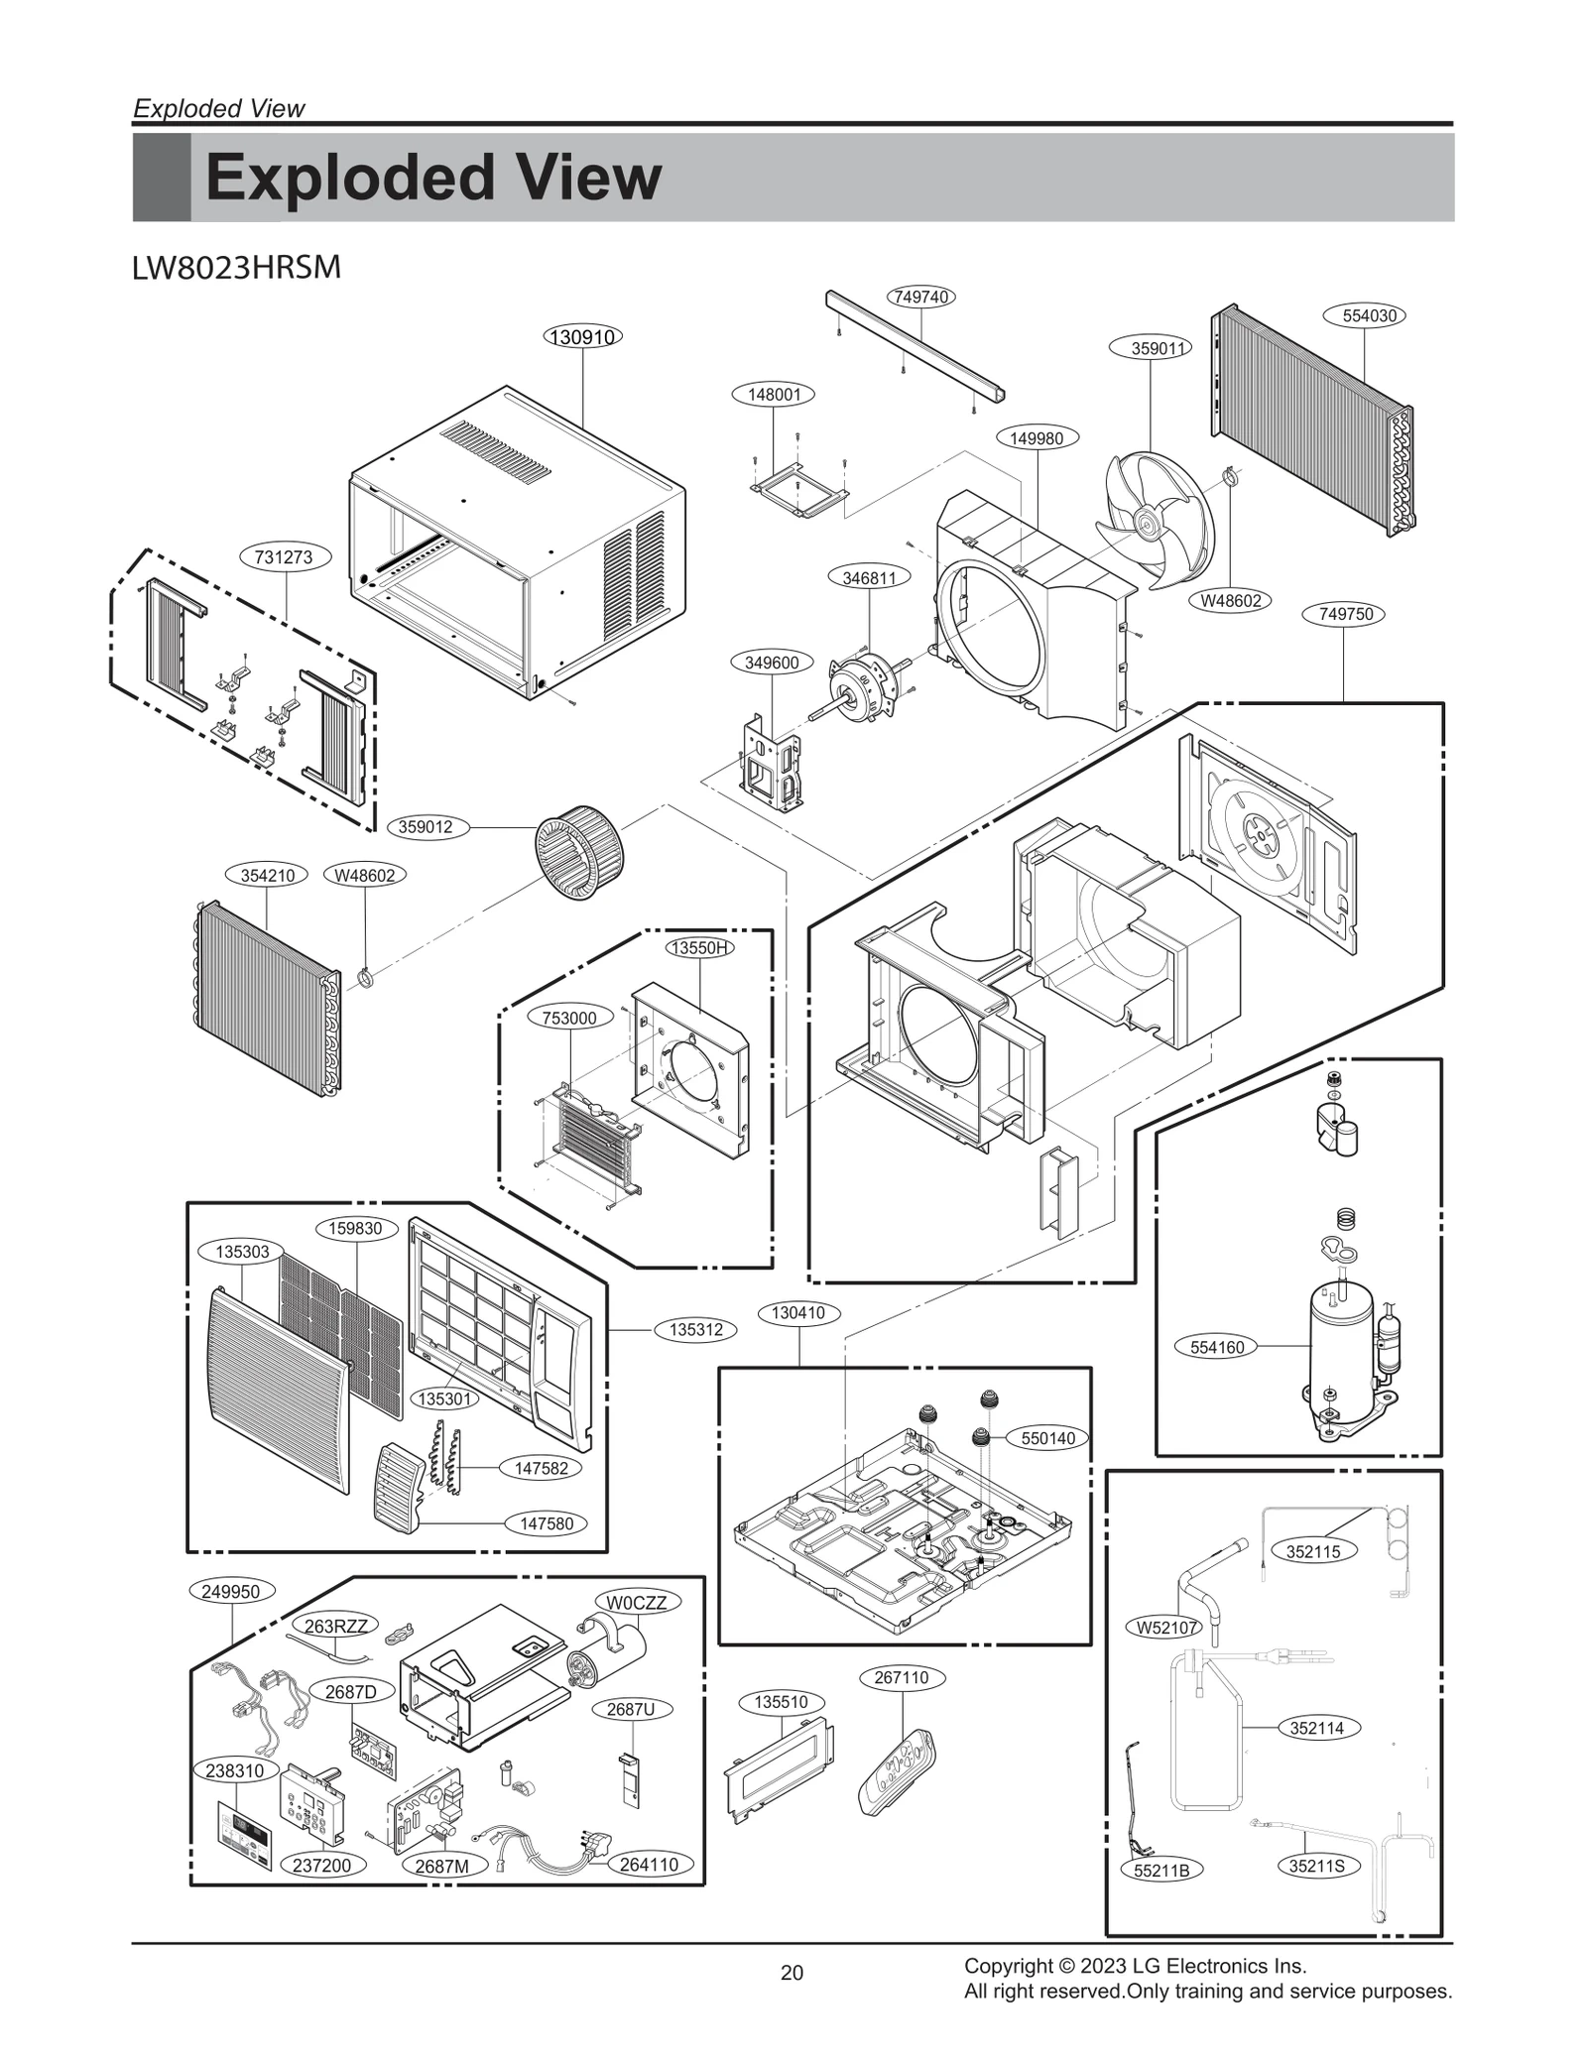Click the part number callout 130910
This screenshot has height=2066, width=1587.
click(x=583, y=336)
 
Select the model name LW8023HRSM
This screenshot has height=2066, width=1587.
click(x=236, y=268)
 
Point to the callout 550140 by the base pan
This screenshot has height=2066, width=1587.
click(x=1048, y=1438)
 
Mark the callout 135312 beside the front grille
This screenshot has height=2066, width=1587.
click(x=696, y=1329)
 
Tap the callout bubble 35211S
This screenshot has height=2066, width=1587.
click(x=1317, y=1866)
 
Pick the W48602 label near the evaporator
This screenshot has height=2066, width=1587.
click(x=365, y=875)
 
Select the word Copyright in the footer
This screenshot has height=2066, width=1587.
click(x=1004, y=1966)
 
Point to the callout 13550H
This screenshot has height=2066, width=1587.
click(x=700, y=947)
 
